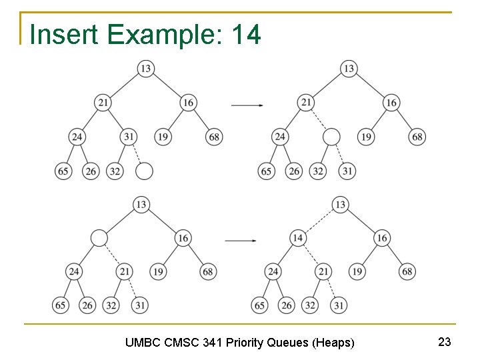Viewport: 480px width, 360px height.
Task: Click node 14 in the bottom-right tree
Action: coord(298,238)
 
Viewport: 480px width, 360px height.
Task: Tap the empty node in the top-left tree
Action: coord(144,171)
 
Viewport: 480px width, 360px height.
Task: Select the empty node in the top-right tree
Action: coord(331,137)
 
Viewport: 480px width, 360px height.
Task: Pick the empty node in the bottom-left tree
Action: coord(99,237)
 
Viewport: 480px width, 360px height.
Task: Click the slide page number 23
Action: coord(445,342)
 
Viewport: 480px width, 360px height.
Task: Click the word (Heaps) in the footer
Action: coord(333,343)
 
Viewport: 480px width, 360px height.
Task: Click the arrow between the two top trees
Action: coord(246,105)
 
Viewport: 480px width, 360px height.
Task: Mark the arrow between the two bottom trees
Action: coord(241,240)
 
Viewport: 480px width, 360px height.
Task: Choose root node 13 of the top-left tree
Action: coord(146,69)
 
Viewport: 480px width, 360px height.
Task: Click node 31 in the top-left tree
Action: coord(129,137)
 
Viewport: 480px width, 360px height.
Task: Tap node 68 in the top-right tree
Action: coord(417,137)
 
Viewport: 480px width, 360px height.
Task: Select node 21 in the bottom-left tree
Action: coord(124,271)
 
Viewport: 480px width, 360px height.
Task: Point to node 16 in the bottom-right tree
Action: coord(382,238)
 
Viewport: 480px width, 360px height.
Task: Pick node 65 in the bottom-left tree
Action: coord(61,305)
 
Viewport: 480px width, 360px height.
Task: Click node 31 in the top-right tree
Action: coord(347,171)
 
